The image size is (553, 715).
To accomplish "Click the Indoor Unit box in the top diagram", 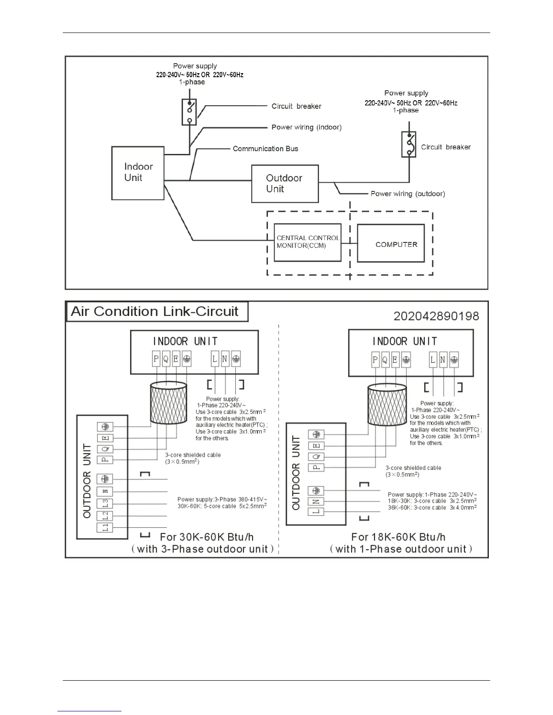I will [138, 173].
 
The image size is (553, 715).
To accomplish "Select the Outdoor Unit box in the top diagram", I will [285, 184].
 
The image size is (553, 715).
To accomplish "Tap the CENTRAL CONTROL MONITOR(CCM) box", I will [307, 242].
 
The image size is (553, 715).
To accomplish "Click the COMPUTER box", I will [391, 244].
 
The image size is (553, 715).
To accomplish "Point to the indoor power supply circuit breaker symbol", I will [189, 112].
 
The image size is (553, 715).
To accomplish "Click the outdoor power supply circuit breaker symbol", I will [409, 144].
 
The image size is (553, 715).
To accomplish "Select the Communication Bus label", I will [265, 149].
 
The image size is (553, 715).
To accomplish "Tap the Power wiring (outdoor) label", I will [408, 194].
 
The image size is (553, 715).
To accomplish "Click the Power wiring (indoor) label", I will [306, 127].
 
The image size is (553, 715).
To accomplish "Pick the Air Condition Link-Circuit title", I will [155, 311].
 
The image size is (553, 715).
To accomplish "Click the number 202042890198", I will [436, 316].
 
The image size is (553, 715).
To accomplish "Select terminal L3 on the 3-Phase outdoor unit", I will [105, 503].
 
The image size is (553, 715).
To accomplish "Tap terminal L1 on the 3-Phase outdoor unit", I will [105, 527].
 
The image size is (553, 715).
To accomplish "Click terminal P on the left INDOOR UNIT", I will [156, 359].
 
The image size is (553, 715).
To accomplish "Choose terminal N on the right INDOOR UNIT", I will [443, 360].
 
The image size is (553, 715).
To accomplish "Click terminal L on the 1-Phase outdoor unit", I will [316, 512].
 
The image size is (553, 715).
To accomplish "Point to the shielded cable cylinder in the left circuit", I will [168, 403].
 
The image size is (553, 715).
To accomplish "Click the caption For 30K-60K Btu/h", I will [206, 537].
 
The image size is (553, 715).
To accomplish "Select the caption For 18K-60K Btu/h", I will [398, 537].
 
